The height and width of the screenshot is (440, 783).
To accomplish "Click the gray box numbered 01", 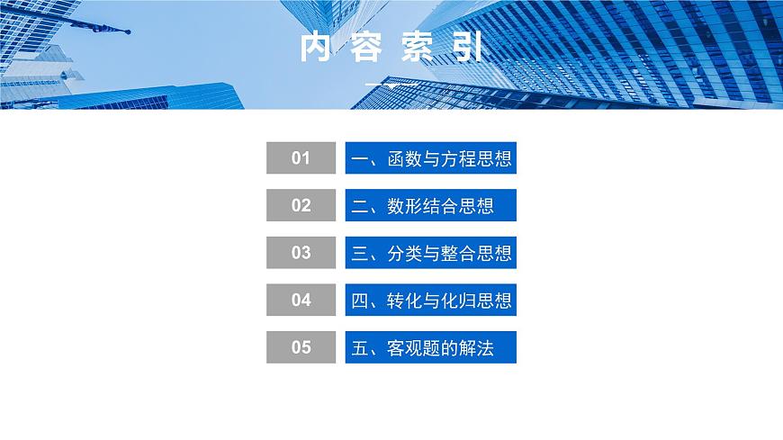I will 301,158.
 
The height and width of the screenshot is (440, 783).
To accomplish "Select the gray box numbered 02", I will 301,205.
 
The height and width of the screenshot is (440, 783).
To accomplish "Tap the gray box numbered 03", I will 301,253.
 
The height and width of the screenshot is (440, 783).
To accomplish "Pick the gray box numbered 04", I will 301,300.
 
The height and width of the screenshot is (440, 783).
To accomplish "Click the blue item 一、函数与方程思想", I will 430,158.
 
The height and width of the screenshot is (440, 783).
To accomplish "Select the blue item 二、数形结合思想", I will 430,205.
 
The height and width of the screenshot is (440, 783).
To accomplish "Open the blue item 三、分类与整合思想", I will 430,253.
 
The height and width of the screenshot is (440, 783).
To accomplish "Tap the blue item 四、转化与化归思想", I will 430,300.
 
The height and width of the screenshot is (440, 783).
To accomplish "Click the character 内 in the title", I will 315,49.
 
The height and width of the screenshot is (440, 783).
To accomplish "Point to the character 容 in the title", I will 365,49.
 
